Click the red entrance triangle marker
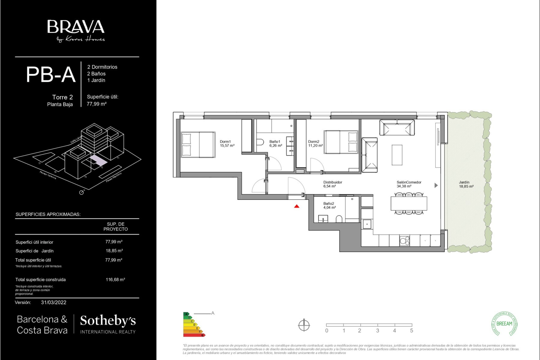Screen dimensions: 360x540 click(297, 206)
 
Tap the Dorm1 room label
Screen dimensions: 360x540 click(227, 143)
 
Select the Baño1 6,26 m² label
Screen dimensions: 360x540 click(275, 143)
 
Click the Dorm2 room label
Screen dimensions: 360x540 click(315, 143)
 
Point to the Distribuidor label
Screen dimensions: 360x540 click(332, 184)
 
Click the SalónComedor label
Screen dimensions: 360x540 click(409, 184)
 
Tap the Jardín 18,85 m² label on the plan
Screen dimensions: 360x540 click(466, 184)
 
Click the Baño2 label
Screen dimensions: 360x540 click(329, 205)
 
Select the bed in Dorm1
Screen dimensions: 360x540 click(198, 145)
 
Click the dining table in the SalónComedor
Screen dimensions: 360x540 click(409, 203)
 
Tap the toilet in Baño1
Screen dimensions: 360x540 click(260, 142)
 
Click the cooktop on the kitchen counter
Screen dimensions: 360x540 click(404, 241)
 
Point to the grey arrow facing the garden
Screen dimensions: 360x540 click(436, 185)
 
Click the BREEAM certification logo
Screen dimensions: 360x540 click(504, 324)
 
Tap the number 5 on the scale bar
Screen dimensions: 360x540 click(411, 331)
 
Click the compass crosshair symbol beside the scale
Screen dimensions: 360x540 click(304, 325)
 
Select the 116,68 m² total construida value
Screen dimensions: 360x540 click(115, 280)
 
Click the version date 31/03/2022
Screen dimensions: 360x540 click(54, 302)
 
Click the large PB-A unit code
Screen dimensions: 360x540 click(50, 74)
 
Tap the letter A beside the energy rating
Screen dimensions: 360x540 click(213, 313)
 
